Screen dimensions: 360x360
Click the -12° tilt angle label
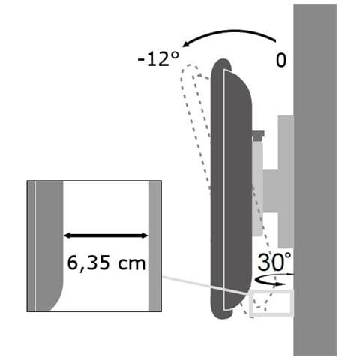pos(158,59)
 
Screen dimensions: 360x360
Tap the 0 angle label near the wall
pos(281,60)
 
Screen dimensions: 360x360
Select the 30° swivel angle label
pos(274,262)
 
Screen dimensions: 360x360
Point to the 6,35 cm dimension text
pos(106,263)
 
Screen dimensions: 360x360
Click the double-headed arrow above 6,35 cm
pos(106,235)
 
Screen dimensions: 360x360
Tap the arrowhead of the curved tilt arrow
pos(187,44)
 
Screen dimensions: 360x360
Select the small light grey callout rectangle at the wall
pos(271,290)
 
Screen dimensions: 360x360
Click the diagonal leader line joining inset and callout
pos(205,285)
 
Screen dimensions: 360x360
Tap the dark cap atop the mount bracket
pos(258,135)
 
